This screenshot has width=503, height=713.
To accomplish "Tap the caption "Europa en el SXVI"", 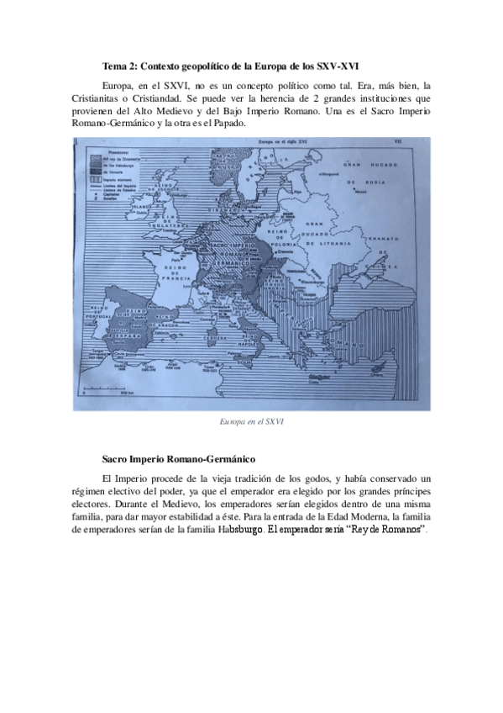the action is tap(251, 421).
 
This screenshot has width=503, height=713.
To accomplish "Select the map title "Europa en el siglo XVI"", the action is tap(286, 143).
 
